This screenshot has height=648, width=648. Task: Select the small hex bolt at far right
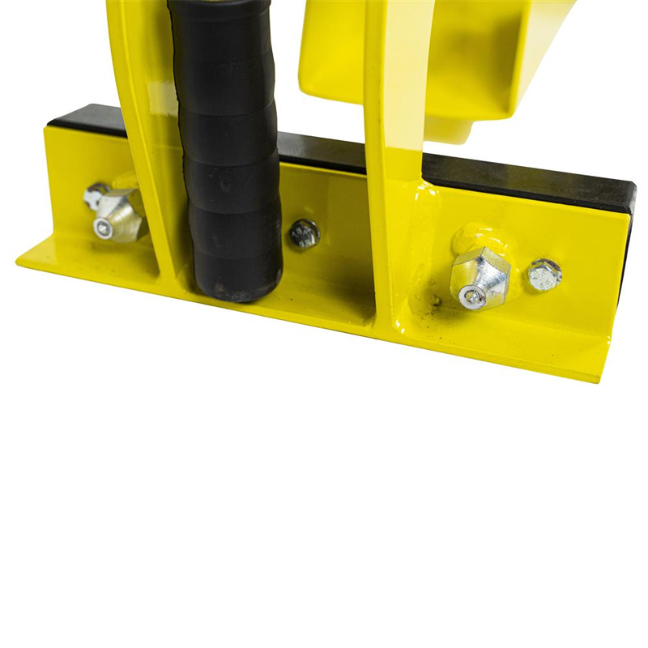coord(544,275)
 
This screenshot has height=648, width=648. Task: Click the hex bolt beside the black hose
coord(305,233)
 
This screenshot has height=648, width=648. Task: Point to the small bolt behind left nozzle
coord(95,195)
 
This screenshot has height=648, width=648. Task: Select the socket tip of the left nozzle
coord(103,229)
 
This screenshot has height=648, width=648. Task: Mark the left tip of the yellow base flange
coord(20,262)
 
